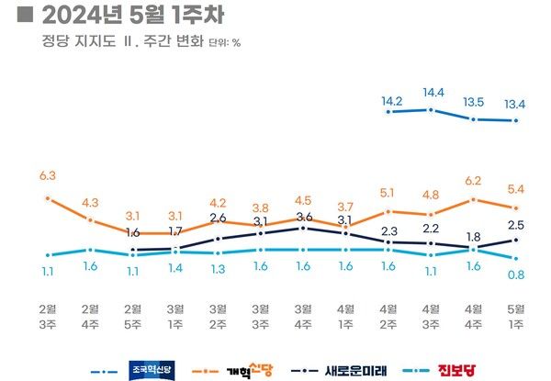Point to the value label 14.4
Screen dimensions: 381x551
pyautogui.click(x=431, y=94)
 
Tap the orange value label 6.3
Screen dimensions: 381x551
pyautogui.click(x=48, y=175)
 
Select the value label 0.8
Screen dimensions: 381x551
pyautogui.click(x=516, y=274)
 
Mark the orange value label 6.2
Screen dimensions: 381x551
pyautogui.click(x=473, y=181)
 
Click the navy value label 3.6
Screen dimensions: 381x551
pyautogui.click(x=303, y=217)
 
